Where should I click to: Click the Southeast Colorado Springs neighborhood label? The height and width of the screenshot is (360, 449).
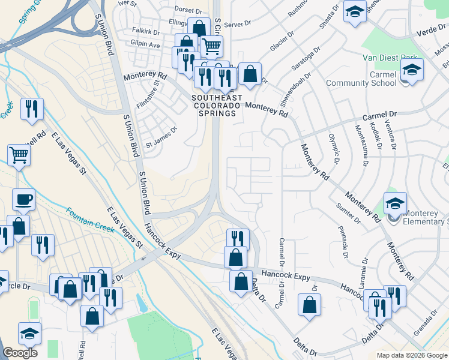pyautogui.click(x=217, y=101)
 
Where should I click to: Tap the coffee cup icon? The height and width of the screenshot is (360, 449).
pyautogui.click(x=23, y=199)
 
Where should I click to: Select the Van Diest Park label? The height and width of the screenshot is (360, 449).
pyautogui.click(x=390, y=58)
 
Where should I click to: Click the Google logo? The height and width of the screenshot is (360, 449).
pyautogui.click(x=20, y=353)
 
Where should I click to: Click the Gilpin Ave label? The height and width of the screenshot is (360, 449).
pyautogui.click(x=146, y=45)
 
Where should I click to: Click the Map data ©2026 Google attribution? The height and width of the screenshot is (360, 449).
pyautogui.click(x=411, y=355)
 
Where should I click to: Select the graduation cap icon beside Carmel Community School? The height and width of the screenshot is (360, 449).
pyautogui.click(x=412, y=71)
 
